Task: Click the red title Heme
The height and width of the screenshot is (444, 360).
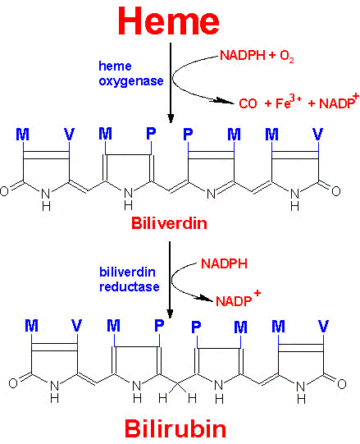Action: point(169,21)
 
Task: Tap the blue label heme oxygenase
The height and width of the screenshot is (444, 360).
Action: point(131,73)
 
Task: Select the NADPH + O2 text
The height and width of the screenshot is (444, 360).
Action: point(257,56)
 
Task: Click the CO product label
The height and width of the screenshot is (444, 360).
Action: point(248,103)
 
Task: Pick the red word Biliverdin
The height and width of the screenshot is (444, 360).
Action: point(169,223)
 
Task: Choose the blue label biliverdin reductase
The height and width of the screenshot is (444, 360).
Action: point(130,280)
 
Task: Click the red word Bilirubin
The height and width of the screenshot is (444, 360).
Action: point(175,428)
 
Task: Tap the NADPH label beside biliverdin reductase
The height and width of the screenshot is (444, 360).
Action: point(224,263)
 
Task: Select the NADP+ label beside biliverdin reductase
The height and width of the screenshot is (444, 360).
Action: point(238,299)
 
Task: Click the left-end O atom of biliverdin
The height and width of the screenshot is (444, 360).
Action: point(4,191)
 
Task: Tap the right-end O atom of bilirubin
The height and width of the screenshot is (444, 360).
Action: point(342,384)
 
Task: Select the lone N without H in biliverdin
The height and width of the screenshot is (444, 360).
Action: point(211,194)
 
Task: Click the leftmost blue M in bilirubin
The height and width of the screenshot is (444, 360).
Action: point(31,326)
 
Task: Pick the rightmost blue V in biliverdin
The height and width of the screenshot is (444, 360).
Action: point(318,134)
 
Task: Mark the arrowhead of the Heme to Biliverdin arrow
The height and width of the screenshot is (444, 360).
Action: point(171,118)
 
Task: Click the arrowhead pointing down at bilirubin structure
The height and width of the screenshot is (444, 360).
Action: point(170,314)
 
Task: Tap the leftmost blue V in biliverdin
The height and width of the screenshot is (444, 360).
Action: point(70,134)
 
